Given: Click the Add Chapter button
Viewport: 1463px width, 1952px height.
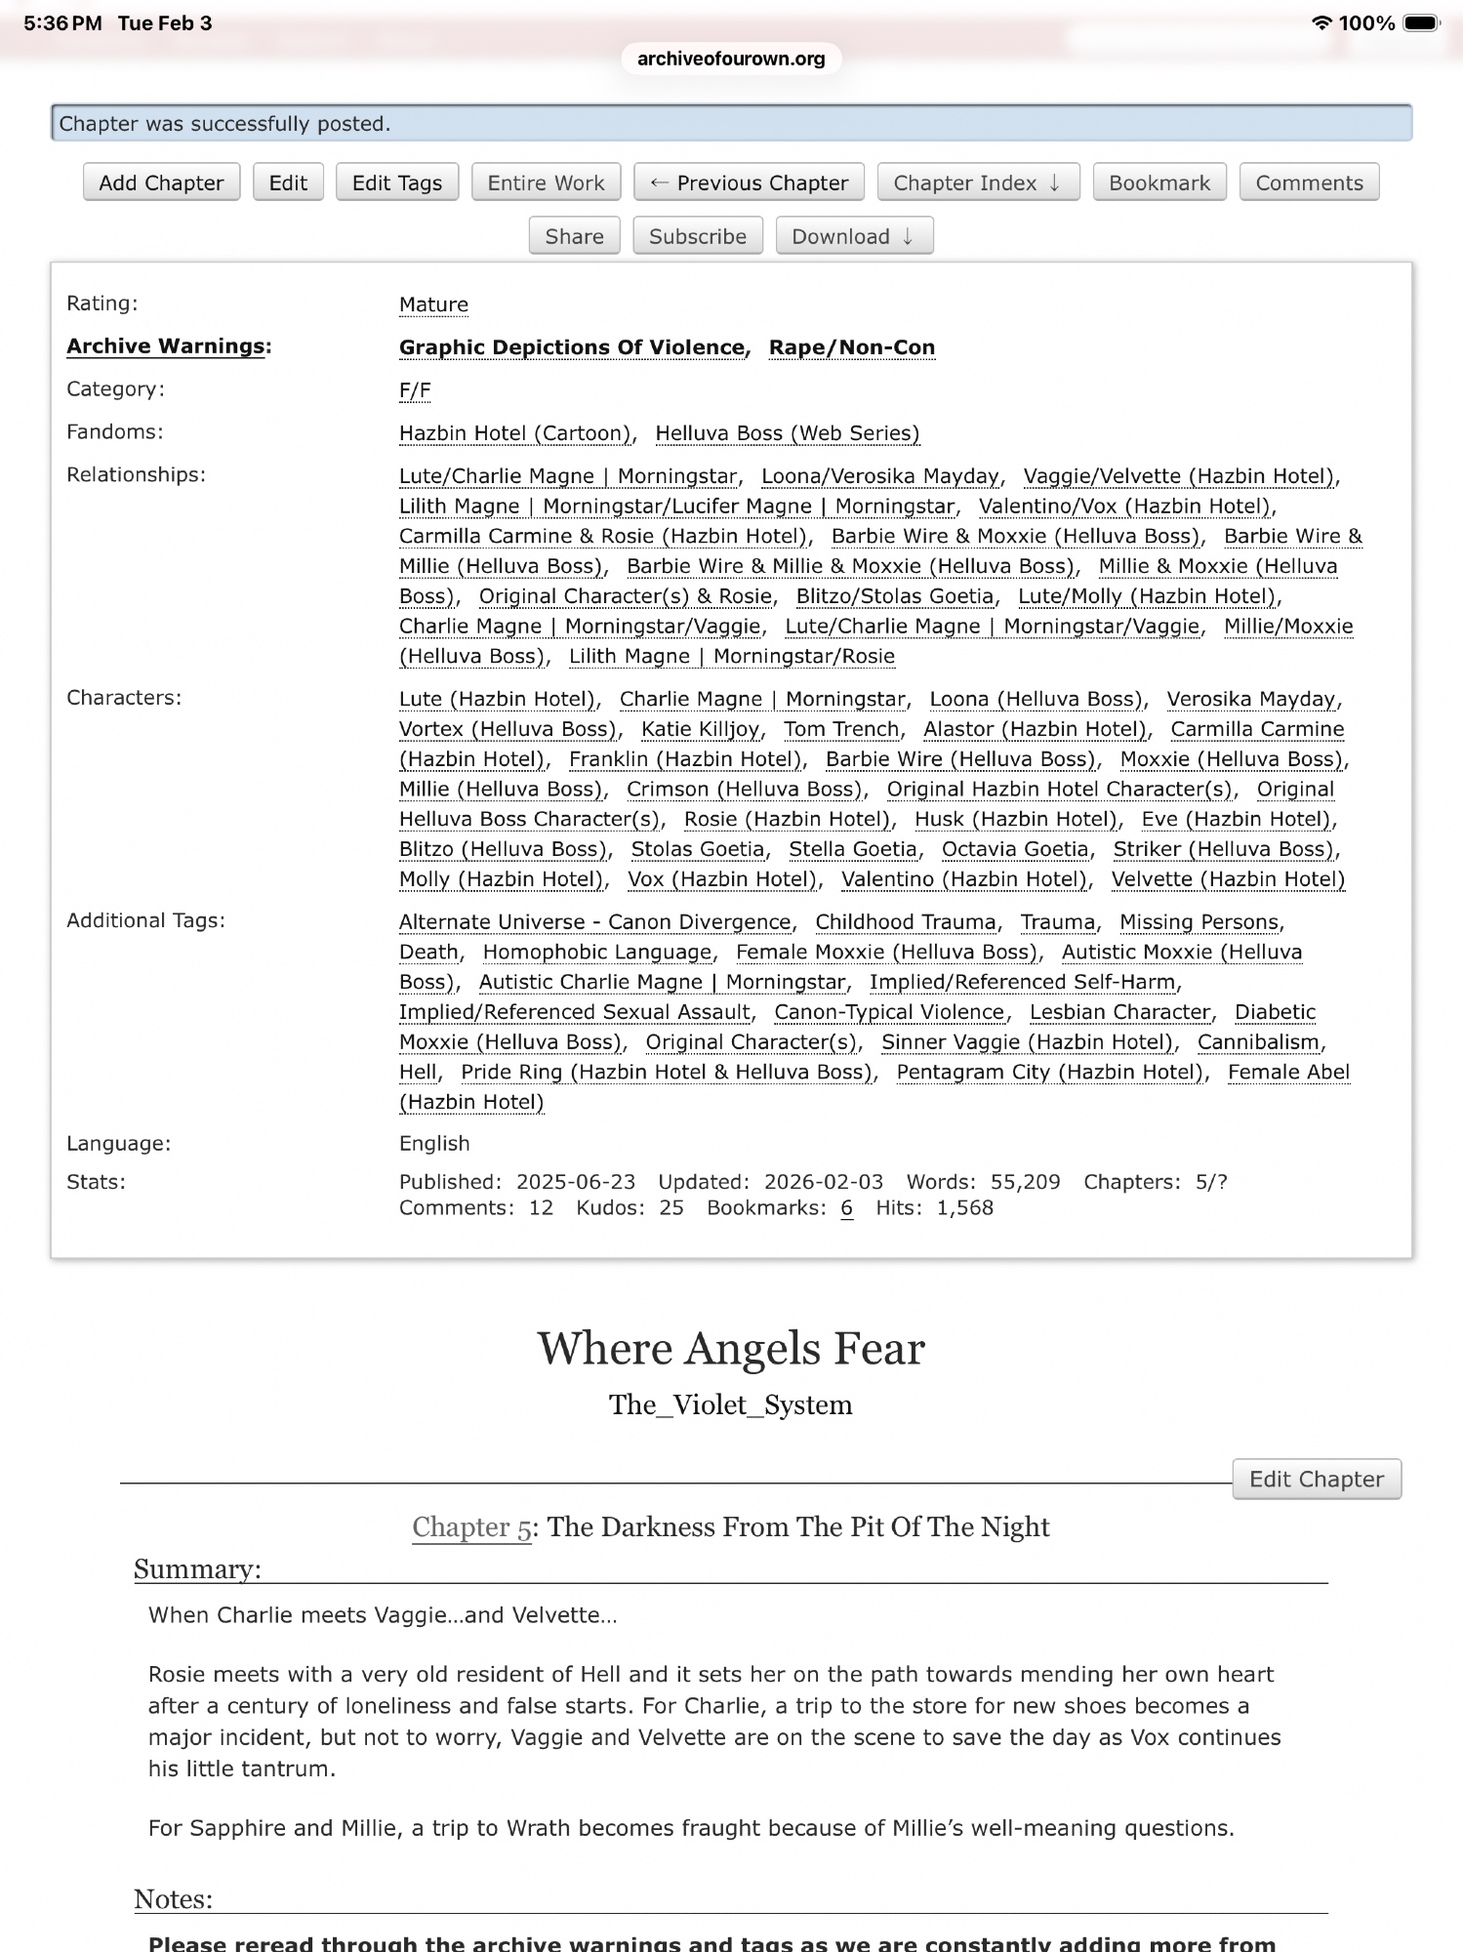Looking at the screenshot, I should coord(161,183).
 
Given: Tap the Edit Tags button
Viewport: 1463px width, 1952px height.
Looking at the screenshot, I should coord(396,183).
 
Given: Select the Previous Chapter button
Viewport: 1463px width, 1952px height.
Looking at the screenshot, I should coord(749,183).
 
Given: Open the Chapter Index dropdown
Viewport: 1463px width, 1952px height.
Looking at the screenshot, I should coord(977,183).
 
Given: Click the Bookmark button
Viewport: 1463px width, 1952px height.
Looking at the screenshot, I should coord(1158,183).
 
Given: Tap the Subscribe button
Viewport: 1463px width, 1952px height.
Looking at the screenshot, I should coord(697,236).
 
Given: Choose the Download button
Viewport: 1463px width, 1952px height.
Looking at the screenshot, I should coord(853,236).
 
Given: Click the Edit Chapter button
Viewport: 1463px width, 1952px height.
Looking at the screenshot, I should coord(1316,1479).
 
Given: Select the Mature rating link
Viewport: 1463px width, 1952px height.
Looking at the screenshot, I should coord(433,305).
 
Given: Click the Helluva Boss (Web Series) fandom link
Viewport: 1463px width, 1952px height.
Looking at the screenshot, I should coord(787,433).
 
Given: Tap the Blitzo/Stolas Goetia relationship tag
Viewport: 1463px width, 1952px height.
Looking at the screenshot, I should coord(894,596).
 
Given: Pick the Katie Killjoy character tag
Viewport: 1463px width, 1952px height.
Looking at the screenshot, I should coord(701,729).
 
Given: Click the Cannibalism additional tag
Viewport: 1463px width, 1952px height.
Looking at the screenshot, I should coord(1259,1042).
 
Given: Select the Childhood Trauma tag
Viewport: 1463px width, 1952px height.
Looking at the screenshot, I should coord(905,922).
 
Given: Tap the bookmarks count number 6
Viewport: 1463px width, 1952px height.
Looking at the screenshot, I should coord(846,1208).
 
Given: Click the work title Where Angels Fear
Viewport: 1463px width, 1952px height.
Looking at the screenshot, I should coord(731,1348).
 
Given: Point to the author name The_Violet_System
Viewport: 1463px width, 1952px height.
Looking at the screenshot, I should coord(731,1404).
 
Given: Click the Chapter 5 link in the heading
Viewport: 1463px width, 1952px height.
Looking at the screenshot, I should coord(471,1526).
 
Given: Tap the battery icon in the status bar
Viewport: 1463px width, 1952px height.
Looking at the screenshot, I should coord(1420,22).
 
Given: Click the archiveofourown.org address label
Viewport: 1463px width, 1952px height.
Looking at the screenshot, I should coord(731,59).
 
